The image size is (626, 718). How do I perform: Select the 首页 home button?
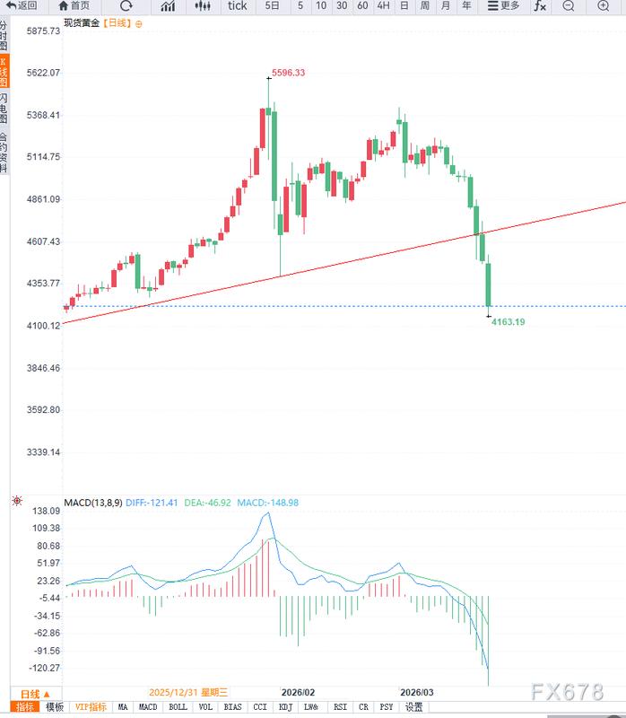[x=74, y=5]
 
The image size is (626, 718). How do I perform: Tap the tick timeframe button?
[x=237, y=5]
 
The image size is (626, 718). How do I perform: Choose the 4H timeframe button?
[x=383, y=5]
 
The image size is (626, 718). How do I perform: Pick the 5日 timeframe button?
[x=273, y=5]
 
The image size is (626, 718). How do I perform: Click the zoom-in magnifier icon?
[x=603, y=5]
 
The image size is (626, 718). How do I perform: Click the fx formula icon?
[x=540, y=5]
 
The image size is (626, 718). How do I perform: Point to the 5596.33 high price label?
[x=288, y=73]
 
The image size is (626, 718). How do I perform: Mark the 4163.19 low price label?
[x=508, y=321]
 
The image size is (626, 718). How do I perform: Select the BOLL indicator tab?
[x=178, y=707]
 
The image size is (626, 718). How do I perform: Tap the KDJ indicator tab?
[x=285, y=707]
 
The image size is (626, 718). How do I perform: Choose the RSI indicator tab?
[x=340, y=707]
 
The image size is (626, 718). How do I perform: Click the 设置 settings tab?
[x=413, y=707]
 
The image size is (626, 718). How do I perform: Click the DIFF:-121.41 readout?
[x=152, y=503]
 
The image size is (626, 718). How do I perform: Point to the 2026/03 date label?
[x=416, y=693]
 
